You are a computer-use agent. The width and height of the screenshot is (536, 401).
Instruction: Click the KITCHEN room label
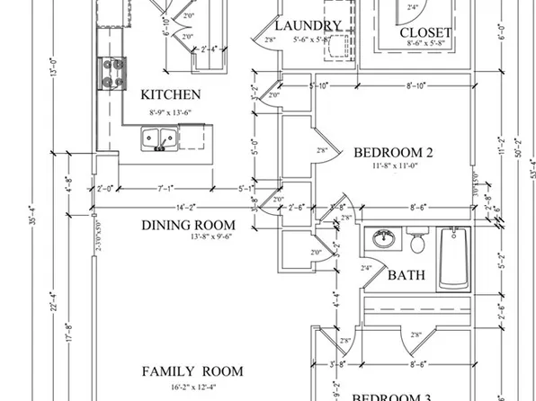point(171,94)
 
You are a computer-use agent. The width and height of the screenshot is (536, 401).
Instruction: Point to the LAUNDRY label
point(308,26)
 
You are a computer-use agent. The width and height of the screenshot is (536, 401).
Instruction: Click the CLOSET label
point(425,34)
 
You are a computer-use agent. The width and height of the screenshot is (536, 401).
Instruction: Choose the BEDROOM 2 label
point(394,151)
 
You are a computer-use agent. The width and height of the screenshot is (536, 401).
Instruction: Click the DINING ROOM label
point(188,225)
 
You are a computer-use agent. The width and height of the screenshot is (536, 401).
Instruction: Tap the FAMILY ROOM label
point(192,370)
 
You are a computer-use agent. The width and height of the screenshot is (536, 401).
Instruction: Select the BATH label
point(406,275)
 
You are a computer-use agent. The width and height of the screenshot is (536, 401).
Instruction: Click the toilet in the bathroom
point(416,242)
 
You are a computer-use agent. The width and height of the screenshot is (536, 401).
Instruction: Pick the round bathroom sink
point(384,240)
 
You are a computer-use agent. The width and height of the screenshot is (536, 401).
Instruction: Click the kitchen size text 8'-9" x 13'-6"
point(171,111)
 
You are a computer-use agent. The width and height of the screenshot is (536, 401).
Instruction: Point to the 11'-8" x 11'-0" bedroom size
point(394,165)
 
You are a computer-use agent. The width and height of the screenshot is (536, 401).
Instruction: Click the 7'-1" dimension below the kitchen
point(165,189)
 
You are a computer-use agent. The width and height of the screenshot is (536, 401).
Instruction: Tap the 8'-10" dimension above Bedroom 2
point(415,85)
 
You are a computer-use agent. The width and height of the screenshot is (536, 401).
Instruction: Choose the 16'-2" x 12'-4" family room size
point(192,387)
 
